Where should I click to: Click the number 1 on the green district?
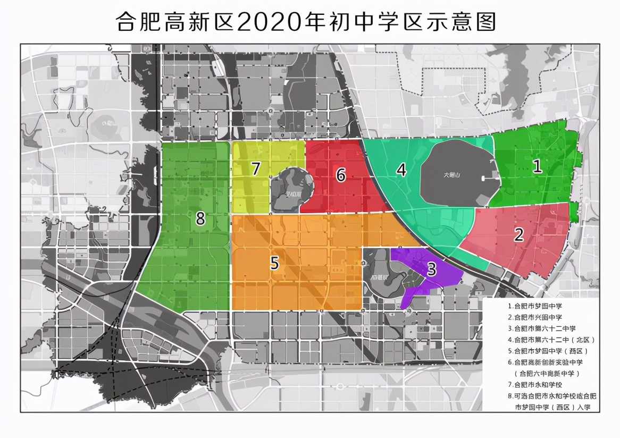(x=538, y=166)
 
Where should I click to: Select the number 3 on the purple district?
(x=432, y=269)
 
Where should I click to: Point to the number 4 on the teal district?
(x=401, y=170)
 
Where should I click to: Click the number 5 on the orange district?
(x=274, y=263)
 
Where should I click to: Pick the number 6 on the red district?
(x=341, y=174)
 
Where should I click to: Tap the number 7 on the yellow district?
(x=256, y=169)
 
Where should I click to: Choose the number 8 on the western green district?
(x=200, y=218)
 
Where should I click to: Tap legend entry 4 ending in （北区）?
(x=551, y=340)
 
